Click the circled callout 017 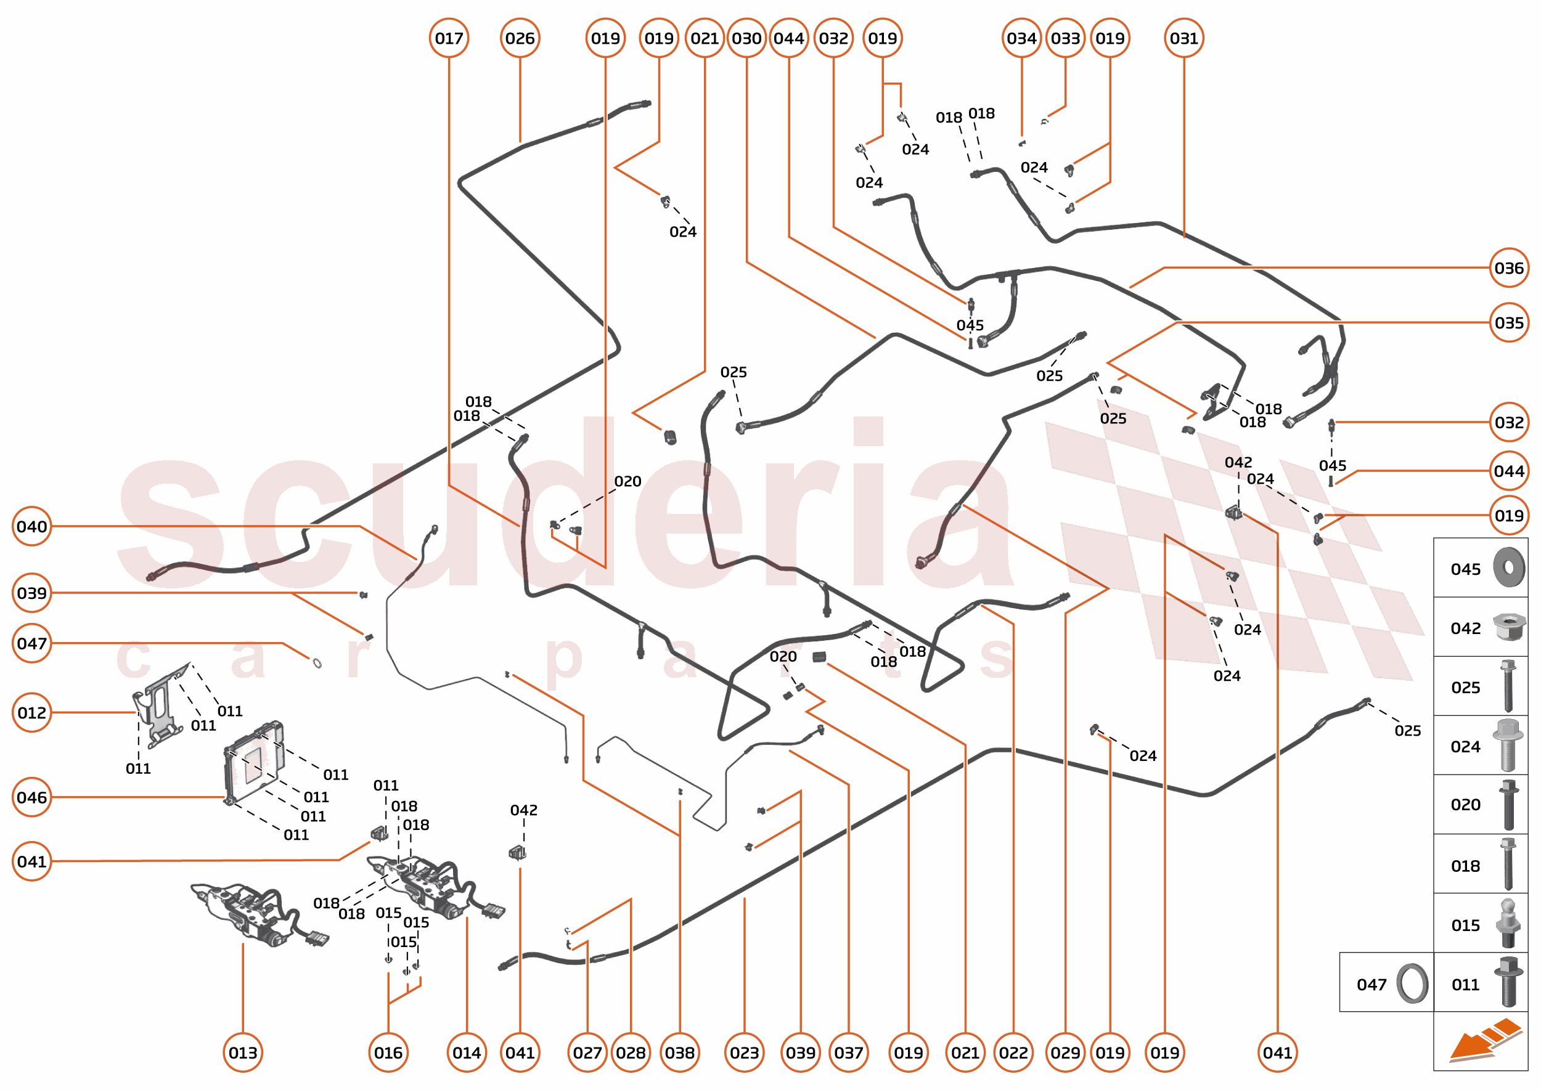(x=449, y=38)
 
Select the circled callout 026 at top (x=520, y=38)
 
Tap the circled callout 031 (x=1183, y=38)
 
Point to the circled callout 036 (x=1508, y=268)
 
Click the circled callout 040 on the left (x=31, y=526)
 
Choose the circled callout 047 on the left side (x=31, y=643)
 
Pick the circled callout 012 (x=31, y=712)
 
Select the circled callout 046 (x=31, y=797)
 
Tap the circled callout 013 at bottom (x=242, y=1052)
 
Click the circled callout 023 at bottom (x=744, y=1052)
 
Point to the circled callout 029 (x=1065, y=1052)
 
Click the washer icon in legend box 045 (x=1508, y=567)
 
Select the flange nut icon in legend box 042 (x=1508, y=627)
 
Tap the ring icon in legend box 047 (x=1412, y=983)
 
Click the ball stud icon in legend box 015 (x=1508, y=924)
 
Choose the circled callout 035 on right (x=1508, y=323)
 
